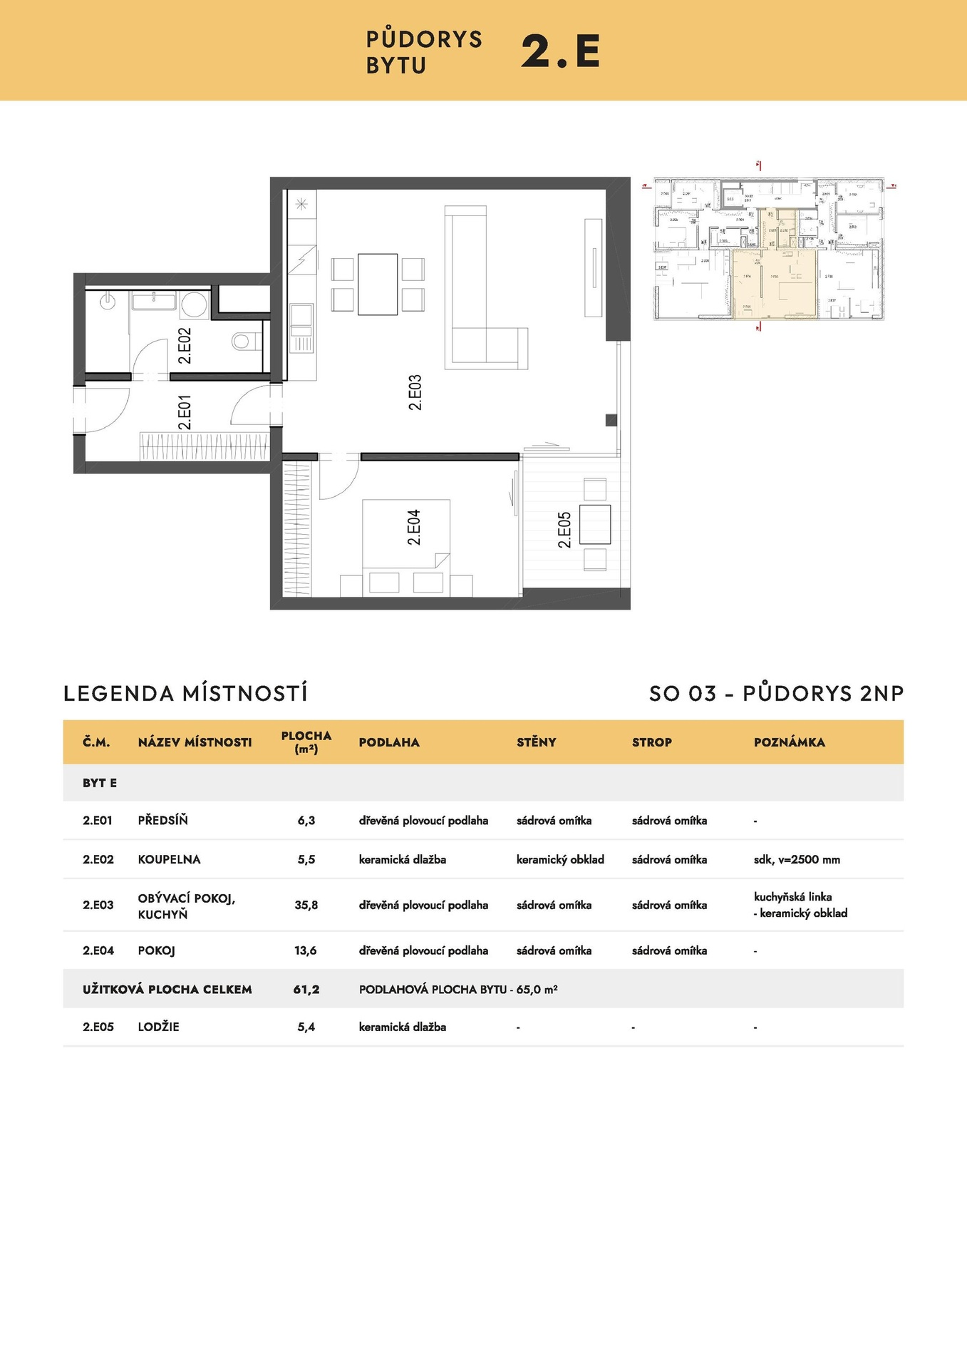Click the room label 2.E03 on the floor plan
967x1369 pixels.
point(415,392)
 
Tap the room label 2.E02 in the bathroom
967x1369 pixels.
point(185,346)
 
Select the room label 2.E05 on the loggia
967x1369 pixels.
point(564,530)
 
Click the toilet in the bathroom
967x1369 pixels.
point(244,343)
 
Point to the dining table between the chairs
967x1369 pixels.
point(377,284)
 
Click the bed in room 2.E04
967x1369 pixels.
point(405,535)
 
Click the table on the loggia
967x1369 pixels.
point(594,524)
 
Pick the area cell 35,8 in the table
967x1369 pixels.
point(306,905)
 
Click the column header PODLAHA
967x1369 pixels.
point(389,742)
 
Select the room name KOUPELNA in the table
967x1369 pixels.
point(169,859)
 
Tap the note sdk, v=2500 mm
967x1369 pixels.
point(797,859)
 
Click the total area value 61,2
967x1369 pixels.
point(306,989)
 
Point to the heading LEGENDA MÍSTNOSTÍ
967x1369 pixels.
point(186,693)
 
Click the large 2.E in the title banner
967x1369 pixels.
point(560,51)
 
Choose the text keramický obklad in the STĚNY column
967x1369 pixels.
point(560,859)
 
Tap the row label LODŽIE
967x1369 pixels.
point(158,1027)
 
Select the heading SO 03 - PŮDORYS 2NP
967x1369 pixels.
point(776,693)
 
